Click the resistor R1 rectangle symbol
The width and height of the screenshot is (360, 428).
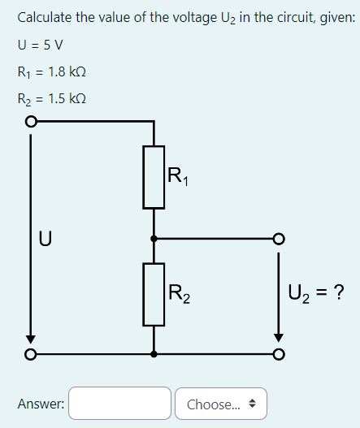[154, 177]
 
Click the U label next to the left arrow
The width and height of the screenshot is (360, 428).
[46, 239]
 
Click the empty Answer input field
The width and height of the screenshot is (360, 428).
[120, 404]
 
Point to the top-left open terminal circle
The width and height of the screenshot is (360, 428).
[31, 122]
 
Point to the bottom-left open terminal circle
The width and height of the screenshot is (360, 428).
[31, 354]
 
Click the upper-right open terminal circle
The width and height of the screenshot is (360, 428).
[279, 239]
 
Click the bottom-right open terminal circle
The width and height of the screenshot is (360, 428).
[279, 354]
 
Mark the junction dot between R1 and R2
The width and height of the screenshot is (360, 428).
[154, 239]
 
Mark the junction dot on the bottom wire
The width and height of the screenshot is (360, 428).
[154, 354]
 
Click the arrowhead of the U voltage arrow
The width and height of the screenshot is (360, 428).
[31, 339]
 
